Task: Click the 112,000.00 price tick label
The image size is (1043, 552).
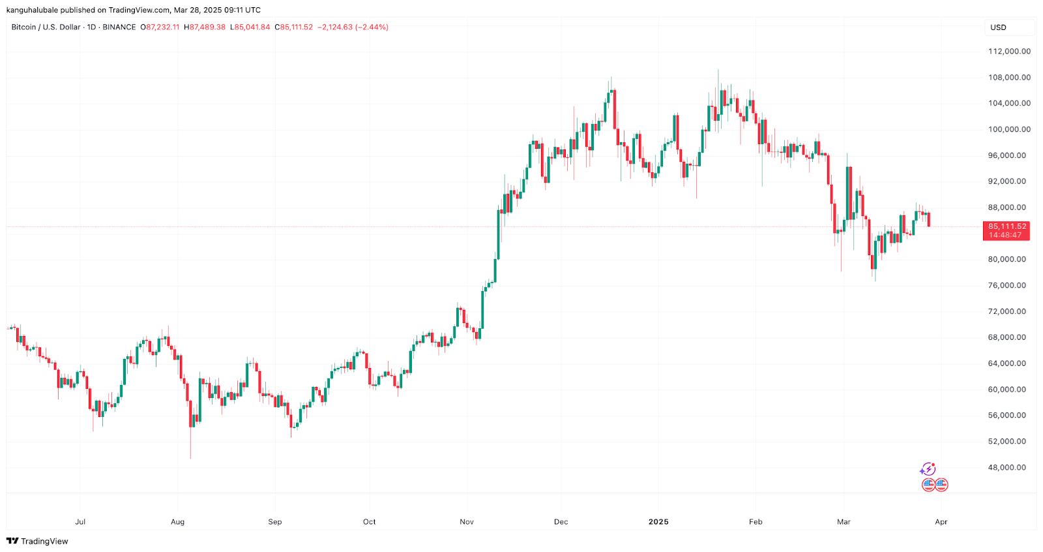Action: (1009, 52)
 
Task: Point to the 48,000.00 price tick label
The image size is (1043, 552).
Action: (1006, 468)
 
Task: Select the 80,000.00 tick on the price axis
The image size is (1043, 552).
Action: (1006, 260)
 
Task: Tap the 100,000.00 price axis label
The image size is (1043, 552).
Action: (1009, 130)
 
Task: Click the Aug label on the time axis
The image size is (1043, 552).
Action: (177, 522)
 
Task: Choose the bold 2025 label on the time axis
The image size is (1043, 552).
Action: (658, 522)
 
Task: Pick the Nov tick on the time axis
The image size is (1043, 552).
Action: (467, 522)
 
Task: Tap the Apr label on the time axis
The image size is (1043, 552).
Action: (941, 522)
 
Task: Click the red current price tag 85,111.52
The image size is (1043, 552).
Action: (1006, 226)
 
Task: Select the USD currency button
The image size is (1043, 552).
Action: (999, 27)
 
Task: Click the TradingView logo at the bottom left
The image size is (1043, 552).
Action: (37, 541)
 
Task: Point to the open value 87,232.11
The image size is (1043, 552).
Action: (162, 27)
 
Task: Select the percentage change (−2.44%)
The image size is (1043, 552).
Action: (372, 27)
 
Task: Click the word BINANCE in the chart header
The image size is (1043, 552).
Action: (119, 27)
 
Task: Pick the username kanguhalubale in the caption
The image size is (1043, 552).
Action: (32, 10)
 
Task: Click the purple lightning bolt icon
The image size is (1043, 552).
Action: (928, 469)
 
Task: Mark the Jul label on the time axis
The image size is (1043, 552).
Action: (80, 522)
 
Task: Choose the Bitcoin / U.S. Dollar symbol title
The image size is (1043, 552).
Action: (46, 27)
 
